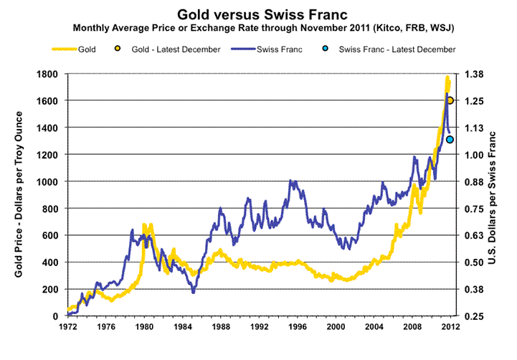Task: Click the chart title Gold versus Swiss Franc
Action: (257, 14)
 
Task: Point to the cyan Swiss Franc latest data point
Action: (450, 139)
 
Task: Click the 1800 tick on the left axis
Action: (48, 74)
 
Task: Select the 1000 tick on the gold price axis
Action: (48, 181)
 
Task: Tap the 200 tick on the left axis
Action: (51, 289)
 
